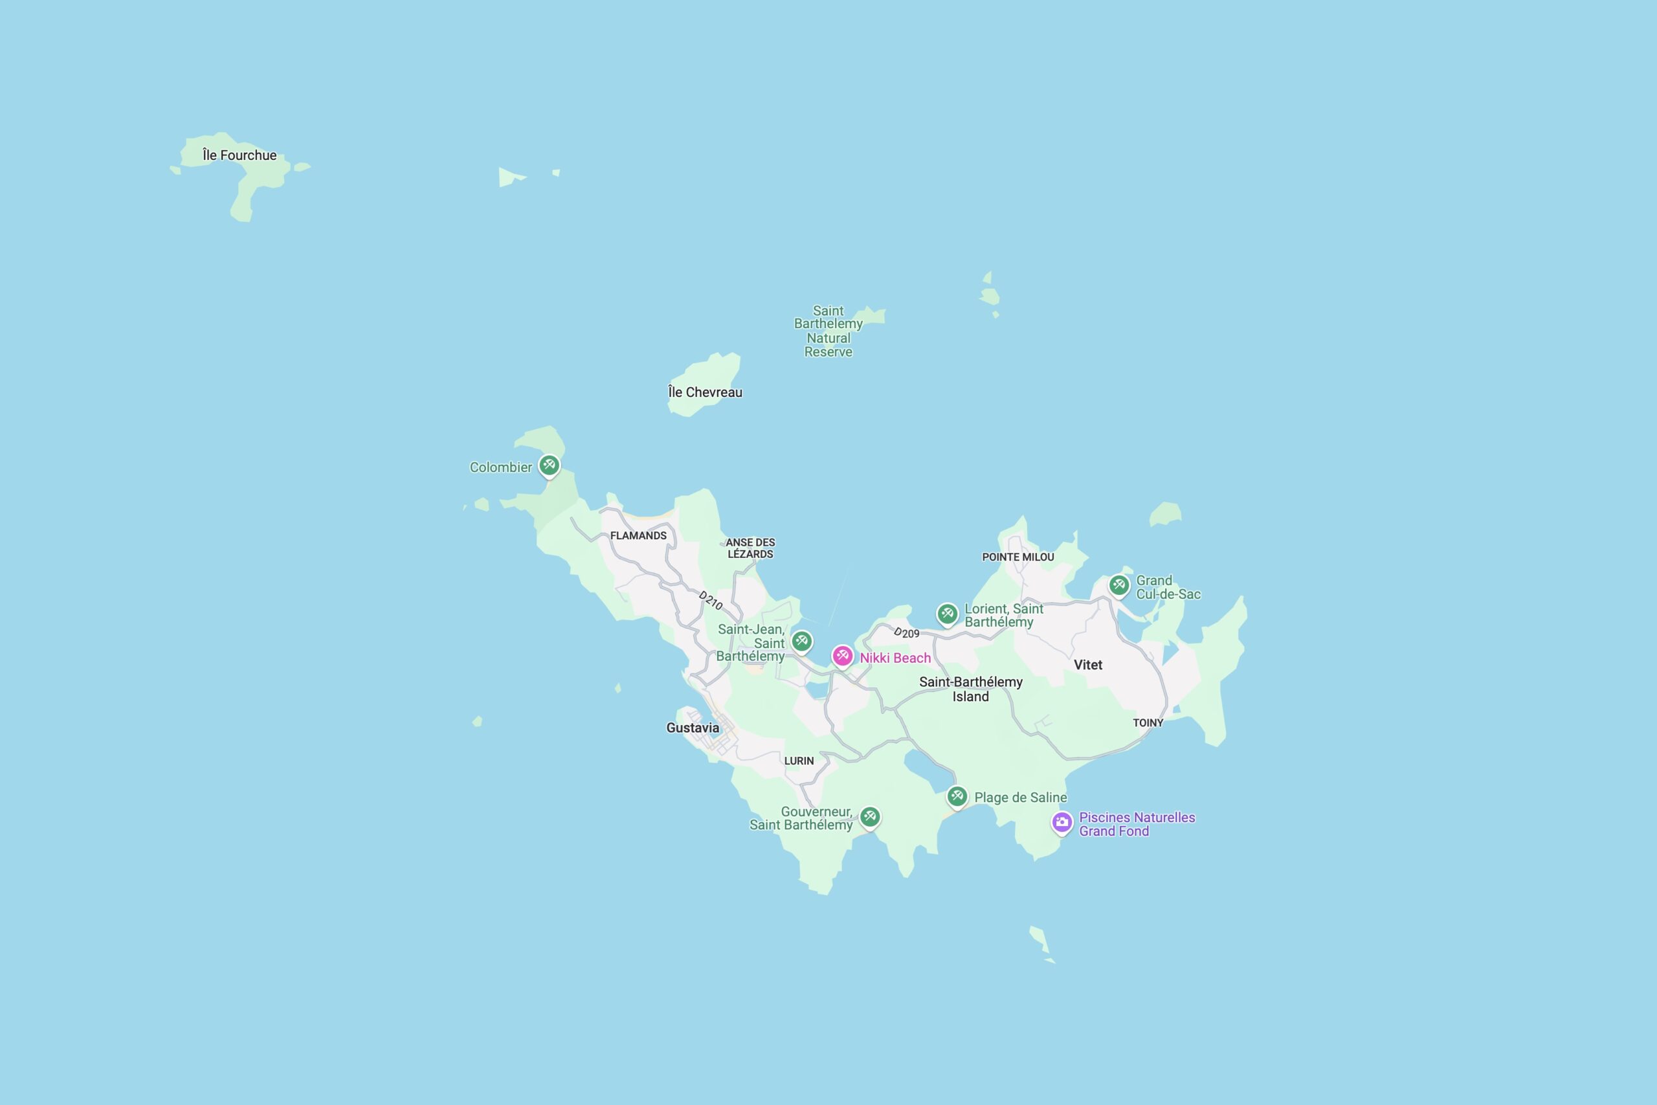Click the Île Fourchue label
coord(239,155)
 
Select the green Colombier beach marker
coord(549,465)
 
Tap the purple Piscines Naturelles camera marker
coord(1062,821)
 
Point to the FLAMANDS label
coord(638,535)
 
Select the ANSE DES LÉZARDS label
coord(750,548)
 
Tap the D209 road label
coord(906,633)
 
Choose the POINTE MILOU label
coord(1018,557)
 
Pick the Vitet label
coord(1088,665)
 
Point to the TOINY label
coord(1148,722)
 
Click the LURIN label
coord(799,761)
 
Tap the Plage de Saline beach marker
coord(957,796)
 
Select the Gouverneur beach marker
coord(869,817)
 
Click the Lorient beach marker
coord(947,613)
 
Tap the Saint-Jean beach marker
coord(801,641)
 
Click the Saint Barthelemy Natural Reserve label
coord(828,331)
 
